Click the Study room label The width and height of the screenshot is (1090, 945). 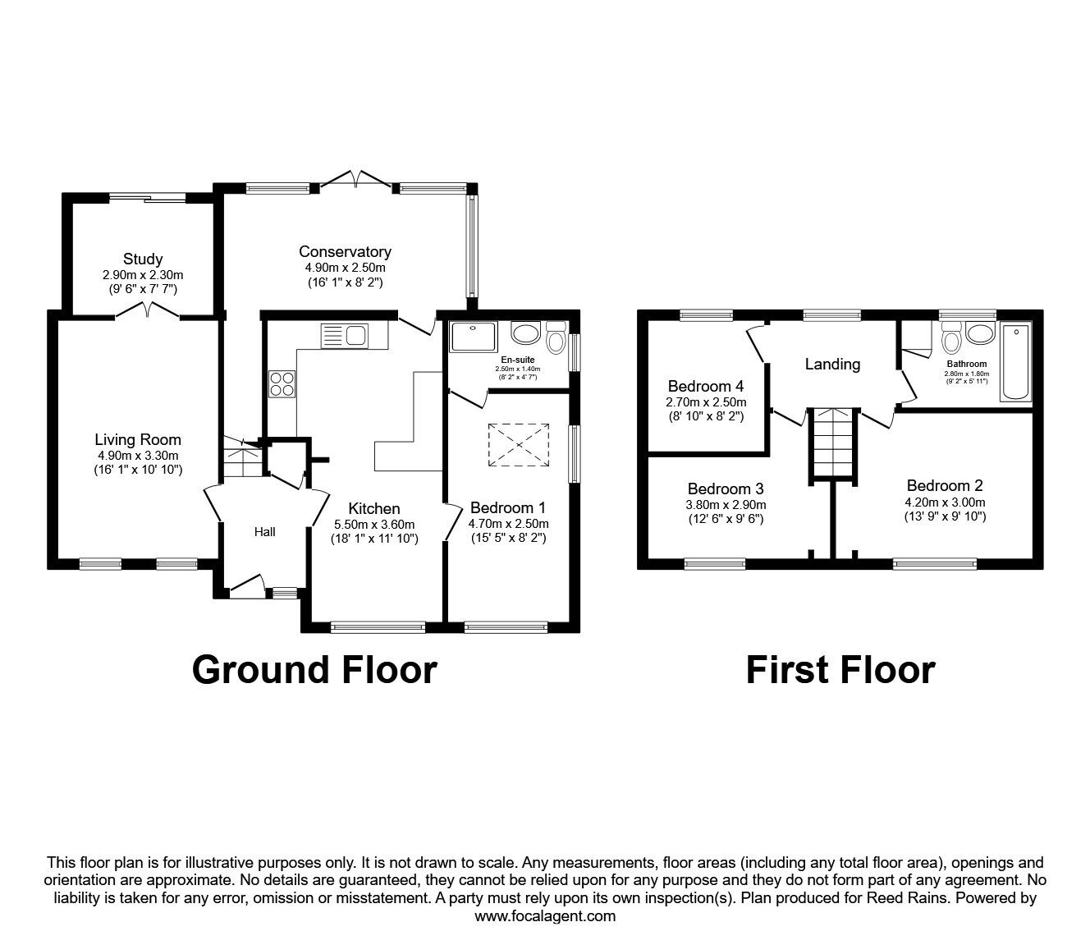143,259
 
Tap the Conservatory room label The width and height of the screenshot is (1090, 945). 345,252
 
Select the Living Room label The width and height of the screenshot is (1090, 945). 138,440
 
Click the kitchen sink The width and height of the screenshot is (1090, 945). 345,335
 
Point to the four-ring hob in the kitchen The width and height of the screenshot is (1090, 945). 282,383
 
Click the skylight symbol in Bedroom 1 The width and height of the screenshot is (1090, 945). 520,444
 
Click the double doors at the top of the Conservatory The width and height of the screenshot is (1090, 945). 358,179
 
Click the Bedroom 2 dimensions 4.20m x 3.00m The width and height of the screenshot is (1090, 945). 945,503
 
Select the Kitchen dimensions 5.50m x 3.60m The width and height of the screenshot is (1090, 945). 373,525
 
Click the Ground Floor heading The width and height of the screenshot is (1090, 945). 314,669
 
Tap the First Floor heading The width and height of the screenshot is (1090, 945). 840,669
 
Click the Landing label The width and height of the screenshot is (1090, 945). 832,364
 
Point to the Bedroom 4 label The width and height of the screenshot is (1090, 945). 706,386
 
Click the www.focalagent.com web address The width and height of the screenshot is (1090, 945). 545,916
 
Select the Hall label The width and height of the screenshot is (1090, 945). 264,532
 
